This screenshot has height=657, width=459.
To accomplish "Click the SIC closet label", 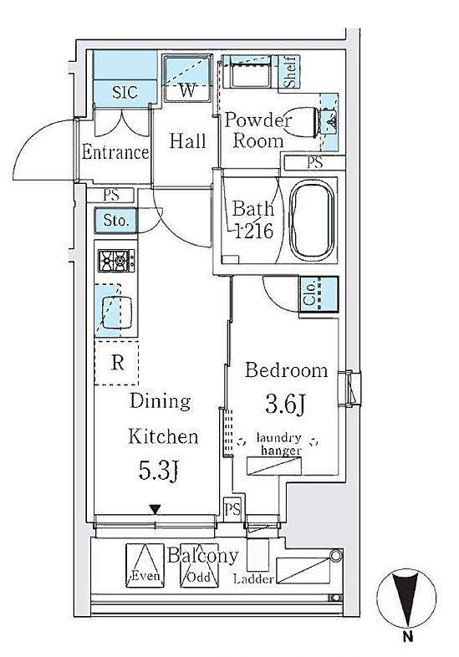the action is pyautogui.click(x=125, y=92).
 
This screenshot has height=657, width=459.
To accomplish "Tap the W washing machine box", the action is pyautogui.click(x=187, y=78).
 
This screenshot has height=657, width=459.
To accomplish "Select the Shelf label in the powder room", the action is pyautogui.click(x=290, y=72).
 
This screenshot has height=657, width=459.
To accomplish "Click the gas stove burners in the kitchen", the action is pyautogui.click(x=116, y=260).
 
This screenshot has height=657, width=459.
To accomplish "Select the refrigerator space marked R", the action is pyautogui.click(x=116, y=363).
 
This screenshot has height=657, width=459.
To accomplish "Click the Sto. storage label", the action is pyautogui.click(x=115, y=221).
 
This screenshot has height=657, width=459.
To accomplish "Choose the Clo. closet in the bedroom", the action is pyautogui.click(x=319, y=294).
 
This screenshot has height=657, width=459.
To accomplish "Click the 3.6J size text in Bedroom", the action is pyautogui.click(x=285, y=404).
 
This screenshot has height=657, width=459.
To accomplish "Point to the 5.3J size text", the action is pyautogui.click(x=160, y=470).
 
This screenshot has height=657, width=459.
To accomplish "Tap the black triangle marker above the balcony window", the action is pyautogui.click(x=156, y=510).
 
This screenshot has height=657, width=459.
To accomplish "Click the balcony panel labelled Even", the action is pyautogui.click(x=145, y=565).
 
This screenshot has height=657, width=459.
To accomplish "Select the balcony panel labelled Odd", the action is pyautogui.click(x=199, y=565).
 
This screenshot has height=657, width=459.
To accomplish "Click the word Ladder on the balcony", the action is pyautogui.click(x=253, y=579).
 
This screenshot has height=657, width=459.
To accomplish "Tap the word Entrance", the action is pyautogui.click(x=115, y=151).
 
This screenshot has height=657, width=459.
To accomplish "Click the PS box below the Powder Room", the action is pyautogui.click(x=314, y=162).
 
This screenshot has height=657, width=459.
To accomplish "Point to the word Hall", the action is pyautogui.click(x=188, y=140).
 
